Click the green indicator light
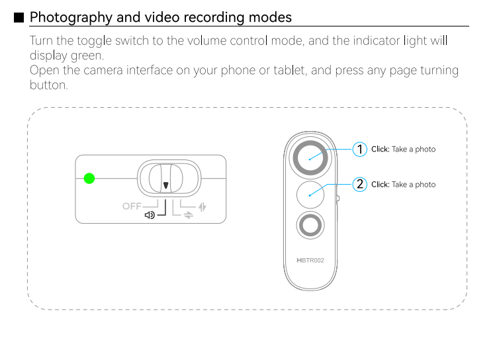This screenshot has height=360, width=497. pos(89,179)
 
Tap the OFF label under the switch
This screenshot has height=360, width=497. pos(132,206)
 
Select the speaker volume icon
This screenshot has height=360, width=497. pos(150,215)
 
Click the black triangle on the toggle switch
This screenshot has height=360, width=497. pos(165,185)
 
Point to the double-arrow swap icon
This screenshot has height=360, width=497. pos(188,215)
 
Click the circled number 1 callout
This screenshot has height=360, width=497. pos(360,150)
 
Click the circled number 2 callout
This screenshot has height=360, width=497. pos(360,185)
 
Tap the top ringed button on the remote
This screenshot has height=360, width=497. pos(310,157)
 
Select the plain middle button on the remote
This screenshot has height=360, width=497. pos(310,195)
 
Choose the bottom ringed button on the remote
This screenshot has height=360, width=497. pos(310,225)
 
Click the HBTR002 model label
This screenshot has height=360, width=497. pos(310,261)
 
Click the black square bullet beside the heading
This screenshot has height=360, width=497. pos(19,17)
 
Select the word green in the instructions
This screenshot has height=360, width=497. pos(87,56)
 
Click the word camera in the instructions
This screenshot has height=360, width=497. pos(103,70)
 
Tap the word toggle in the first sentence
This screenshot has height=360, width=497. pos(95,41)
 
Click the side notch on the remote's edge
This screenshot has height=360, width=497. pos(338,199)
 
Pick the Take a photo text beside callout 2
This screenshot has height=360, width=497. pos(414,185)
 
